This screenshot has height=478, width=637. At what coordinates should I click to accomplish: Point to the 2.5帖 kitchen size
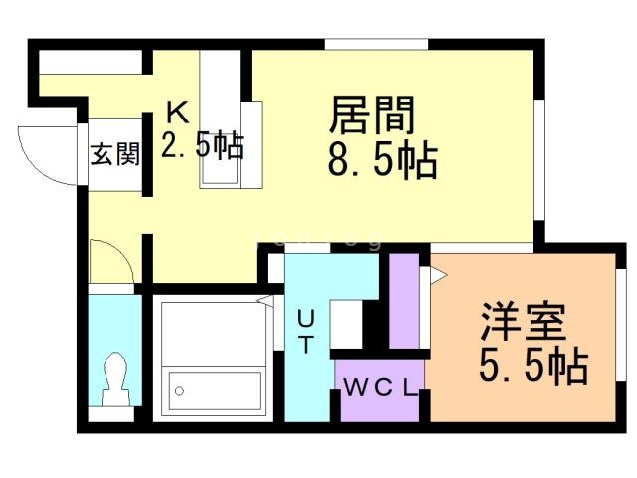tap(202, 148)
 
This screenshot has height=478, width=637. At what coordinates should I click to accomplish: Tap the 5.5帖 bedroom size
tap(532, 367)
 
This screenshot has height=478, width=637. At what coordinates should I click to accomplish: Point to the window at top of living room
tap(376, 43)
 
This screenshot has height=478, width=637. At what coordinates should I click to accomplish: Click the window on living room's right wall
tap(538, 159)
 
